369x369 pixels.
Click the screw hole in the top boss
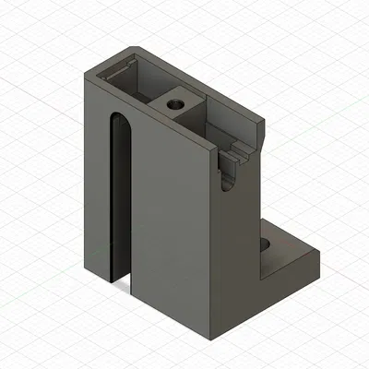pyautogui.click(x=174, y=104)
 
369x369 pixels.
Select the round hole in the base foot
pyautogui.click(x=267, y=245)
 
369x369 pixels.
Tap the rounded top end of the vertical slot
pyautogui.click(x=119, y=122)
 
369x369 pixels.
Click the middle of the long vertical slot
pyautogui.click(x=119, y=198)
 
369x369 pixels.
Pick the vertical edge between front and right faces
pyautogui.click(x=215, y=240)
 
